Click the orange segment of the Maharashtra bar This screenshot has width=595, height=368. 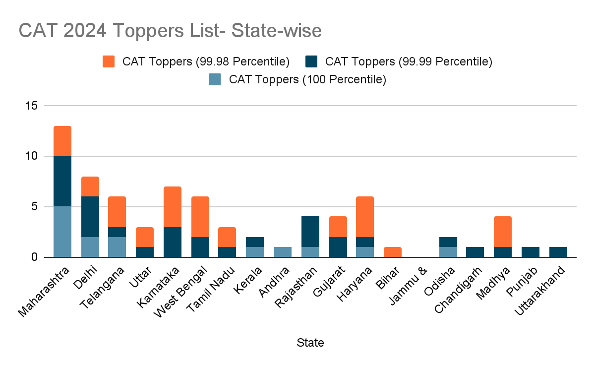coord(62,141)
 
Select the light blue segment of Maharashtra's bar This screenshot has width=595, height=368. coord(62,232)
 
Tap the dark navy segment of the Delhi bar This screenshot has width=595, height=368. coord(90,217)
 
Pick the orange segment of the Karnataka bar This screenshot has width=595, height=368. coord(173,207)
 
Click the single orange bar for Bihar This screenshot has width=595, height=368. coord(393,252)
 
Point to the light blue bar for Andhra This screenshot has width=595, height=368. coord(283,252)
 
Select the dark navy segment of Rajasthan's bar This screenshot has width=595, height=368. coord(310,232)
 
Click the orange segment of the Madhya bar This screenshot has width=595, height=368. coord(503,232)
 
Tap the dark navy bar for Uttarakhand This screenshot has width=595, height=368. coord(558,252)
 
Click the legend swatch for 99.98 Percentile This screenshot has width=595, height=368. coord(109,61)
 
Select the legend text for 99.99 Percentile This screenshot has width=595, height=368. coord(408,61)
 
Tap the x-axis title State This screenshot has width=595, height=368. coord(310,343)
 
